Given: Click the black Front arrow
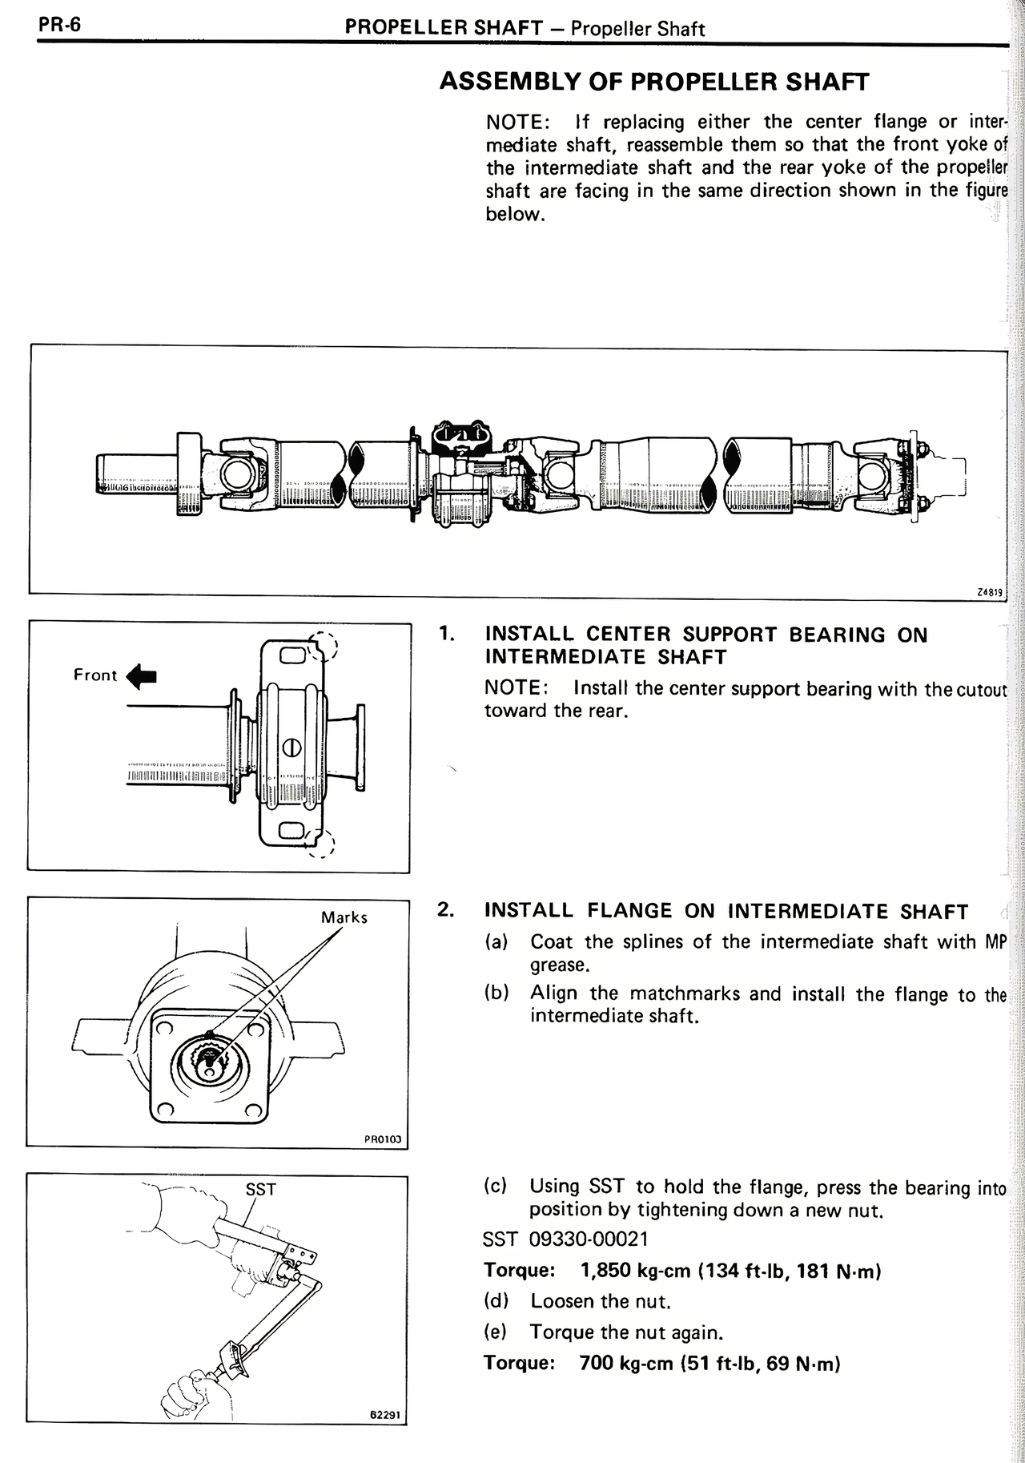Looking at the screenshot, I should (143, 675).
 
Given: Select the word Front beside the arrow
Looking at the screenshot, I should (95, 675).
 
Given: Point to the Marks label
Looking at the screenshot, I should (344, 917).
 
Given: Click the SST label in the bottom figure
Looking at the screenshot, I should (260, 1190).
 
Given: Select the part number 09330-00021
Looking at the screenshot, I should (589, 1239).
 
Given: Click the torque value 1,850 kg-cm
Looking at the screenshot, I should (634, 1272).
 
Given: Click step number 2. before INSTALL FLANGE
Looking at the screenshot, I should (446, 909).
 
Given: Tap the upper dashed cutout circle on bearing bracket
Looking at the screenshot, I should (324, 646).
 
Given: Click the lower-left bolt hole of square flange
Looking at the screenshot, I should (166, 1110).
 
